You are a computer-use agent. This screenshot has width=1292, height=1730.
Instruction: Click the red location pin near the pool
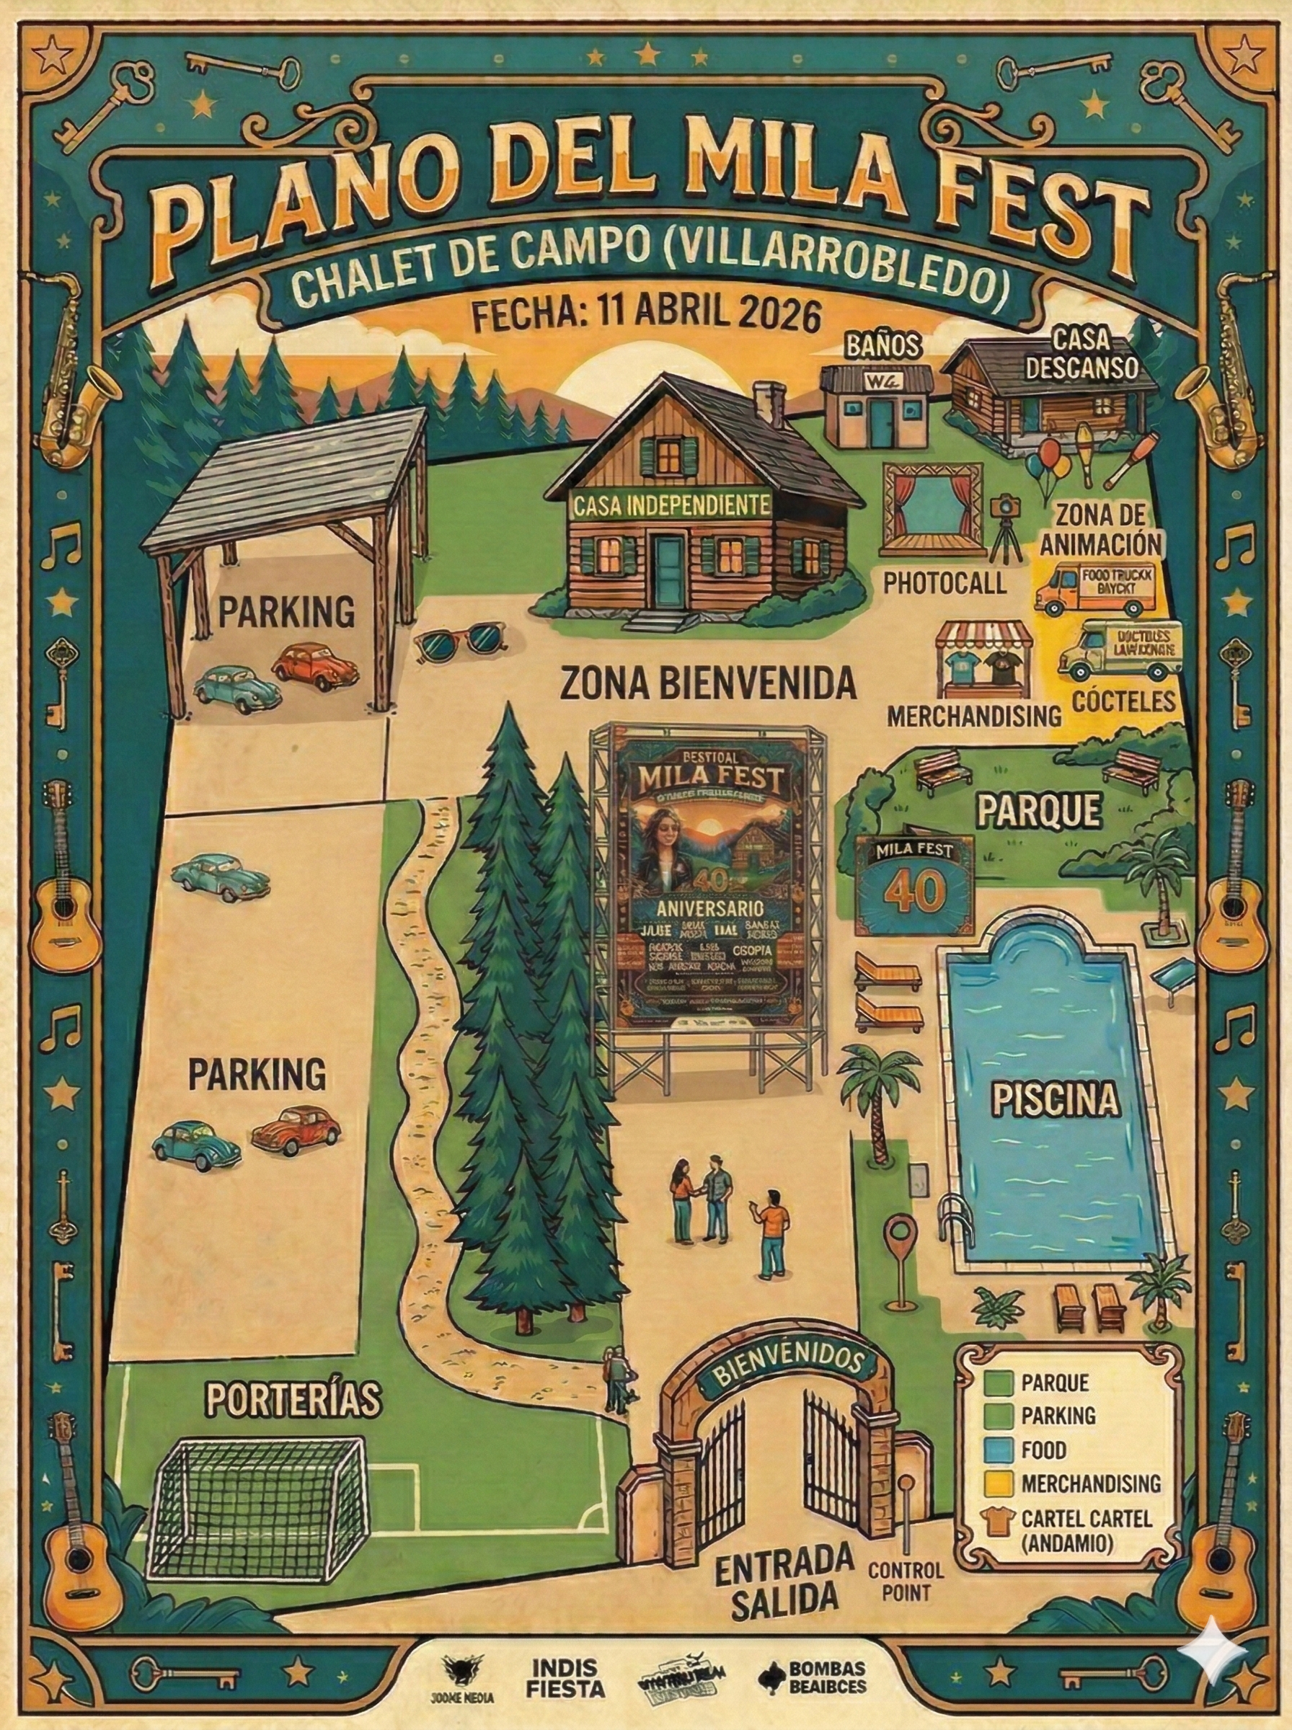(x=899, y=1238)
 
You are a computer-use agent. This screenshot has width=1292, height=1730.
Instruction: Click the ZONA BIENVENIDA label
(x=709, y=683)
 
